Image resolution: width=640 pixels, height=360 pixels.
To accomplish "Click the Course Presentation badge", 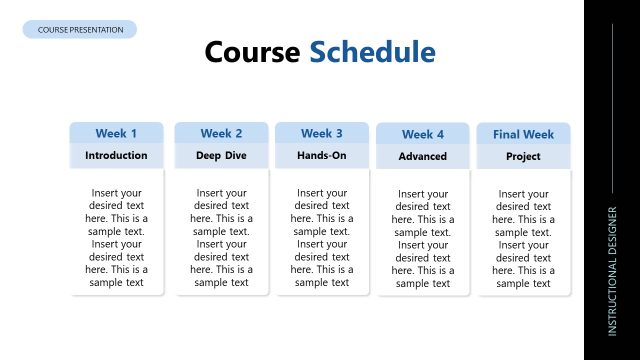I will pyautogui.click(x=80, y=30).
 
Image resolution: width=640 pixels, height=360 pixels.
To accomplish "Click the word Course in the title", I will pyautogui.click(x=253, y=52).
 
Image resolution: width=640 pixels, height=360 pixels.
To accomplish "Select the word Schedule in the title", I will pyautogui.click(x=372, y=52).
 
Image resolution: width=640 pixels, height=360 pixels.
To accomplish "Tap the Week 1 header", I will pyautogui.click(x=116, y=133).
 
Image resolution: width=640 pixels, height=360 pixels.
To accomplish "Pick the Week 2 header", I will pyautogui.click(x=221, y=133).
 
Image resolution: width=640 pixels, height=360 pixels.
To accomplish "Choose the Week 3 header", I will pyautogui.click(x=322, y=133).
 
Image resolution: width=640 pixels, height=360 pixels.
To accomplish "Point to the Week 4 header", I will pyautogui.click(x=423, y=134).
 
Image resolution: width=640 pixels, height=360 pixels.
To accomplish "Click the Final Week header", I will pyautogui.click(x=523, y=134).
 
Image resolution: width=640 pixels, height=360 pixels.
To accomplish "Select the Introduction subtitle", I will pyautogui.click(x=116, y=156).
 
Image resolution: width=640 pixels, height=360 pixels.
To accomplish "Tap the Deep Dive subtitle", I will pyautogui.click(x=221, y=156).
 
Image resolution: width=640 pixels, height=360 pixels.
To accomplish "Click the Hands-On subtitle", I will pyautogui.click(x=322, y=156).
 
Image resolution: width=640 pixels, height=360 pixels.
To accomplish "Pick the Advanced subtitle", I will pyautogui.click(x=423, y=157).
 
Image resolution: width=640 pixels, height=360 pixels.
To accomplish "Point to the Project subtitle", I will pyautogui.click(x=523, y=157).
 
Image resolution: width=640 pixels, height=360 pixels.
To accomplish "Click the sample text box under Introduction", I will pyautogui.click(x=116, y=237).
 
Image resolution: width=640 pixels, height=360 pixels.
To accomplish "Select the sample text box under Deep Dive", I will pyautogui.click(x=221, y=237).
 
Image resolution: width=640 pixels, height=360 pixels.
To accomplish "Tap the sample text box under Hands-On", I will pyautogui.click(x=322, y=237).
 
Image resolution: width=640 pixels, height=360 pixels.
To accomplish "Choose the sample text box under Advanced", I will pyautogui.click(x=423, y=238).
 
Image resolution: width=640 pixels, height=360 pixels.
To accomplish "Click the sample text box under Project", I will pyautogui.click(x=523, y=238).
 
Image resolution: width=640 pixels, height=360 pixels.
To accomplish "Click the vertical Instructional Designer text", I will pyautogui.click(x=613, y=270).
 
